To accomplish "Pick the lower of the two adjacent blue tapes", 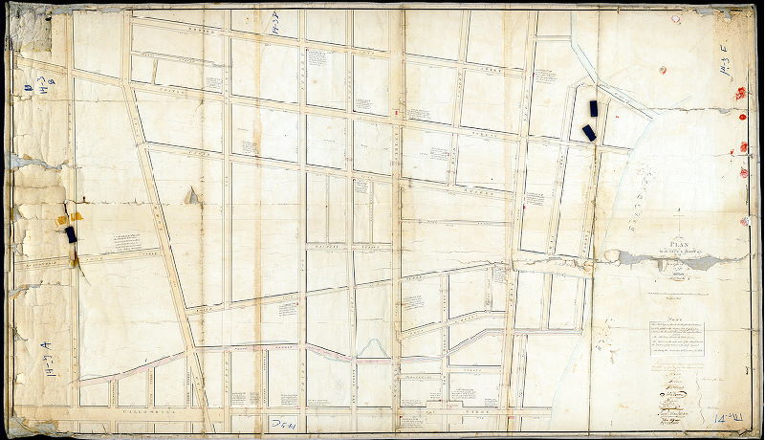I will pos(589,132).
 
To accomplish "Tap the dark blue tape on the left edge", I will pos(70,234).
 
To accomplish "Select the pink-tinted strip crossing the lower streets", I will pos(287,349).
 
